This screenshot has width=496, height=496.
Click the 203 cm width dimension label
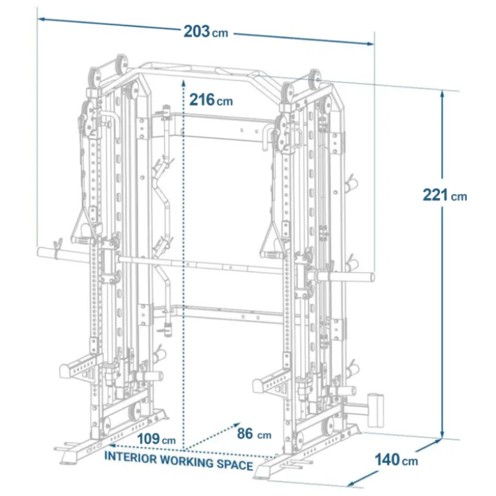click(206, 32)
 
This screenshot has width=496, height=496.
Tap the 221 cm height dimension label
click(445, 195)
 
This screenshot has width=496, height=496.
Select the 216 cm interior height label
click(211, 100)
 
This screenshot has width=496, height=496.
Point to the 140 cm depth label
click(396, 460)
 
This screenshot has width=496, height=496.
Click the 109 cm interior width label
click(156, 439)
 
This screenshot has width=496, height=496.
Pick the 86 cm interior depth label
click(254, 434)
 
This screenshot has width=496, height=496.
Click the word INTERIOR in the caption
click(131, 457)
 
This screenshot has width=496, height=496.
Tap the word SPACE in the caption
click(235, 465)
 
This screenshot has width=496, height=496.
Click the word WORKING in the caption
click(187, 461)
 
